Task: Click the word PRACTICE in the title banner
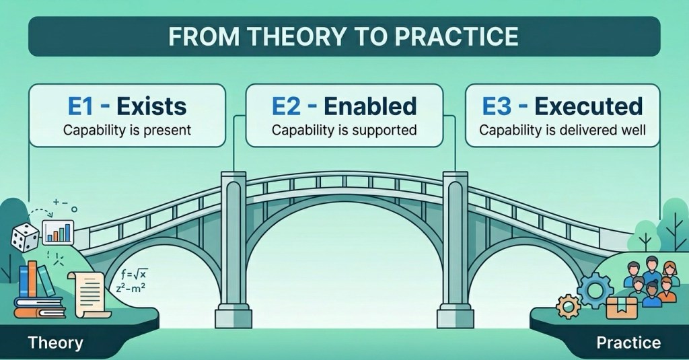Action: pos(457,36)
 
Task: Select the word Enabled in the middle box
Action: pos(370,106)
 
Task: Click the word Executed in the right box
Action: pos(589,106)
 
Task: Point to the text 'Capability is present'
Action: pos(127,130)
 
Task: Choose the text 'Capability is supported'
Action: pos(344,130)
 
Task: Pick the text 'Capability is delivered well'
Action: pos(563,130)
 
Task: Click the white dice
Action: pos(25,238)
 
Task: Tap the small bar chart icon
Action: pos(58,232)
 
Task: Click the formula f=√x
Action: pos(134,275)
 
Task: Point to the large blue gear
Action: pos(595,290)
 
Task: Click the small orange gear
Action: pos(568,306)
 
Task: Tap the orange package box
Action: pos(621,308)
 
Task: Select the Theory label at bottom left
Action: pos(55,343)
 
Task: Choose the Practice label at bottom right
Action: pos(628,343)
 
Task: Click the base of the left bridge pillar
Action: pos(233,318)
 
